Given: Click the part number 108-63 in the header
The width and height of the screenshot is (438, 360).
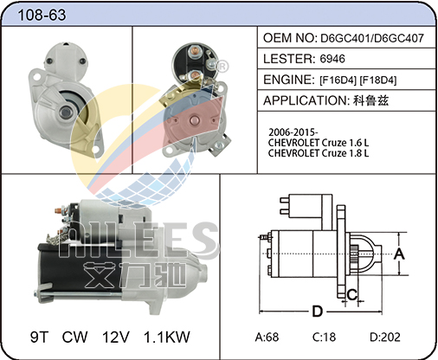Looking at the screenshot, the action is click(x=42, y=15).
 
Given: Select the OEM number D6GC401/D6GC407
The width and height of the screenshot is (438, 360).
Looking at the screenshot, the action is click(x=372, y=38).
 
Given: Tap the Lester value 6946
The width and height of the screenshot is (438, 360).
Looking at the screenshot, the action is click(x=332, y=59).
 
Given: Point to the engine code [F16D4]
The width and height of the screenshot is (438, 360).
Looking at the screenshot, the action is click(x=338, y=80).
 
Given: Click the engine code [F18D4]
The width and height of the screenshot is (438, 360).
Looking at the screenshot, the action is click(x=378, y=80).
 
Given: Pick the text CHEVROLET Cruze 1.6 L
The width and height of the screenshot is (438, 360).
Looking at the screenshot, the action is click(x=319, y=143).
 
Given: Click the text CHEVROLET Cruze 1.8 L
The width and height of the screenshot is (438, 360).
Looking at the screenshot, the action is click(x=319, y=153).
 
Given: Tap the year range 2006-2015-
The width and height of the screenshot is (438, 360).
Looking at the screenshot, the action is click(x=293, y=132).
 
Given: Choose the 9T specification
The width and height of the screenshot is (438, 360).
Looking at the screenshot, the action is click(x=40, y=337).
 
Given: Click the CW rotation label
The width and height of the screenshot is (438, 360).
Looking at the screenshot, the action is click(x=74, y=337).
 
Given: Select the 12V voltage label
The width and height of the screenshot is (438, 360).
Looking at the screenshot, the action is click(x=116, y=337).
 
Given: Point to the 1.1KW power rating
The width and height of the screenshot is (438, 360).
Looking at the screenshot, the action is click(x=167, y=337).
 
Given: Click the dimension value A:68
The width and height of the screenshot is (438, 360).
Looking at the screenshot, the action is click(x=267, y=337).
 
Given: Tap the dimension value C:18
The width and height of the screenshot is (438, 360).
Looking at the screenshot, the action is click(x=324, y=337).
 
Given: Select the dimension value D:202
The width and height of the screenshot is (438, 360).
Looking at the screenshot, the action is click(x=385, y=337).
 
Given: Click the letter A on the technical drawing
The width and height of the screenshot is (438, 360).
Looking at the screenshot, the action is click(x=399, y=254).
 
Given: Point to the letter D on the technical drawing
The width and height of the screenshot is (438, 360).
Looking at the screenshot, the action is click(x=318, y=312).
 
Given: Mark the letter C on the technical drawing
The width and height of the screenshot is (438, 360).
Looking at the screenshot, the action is click(x=352, y=295).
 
